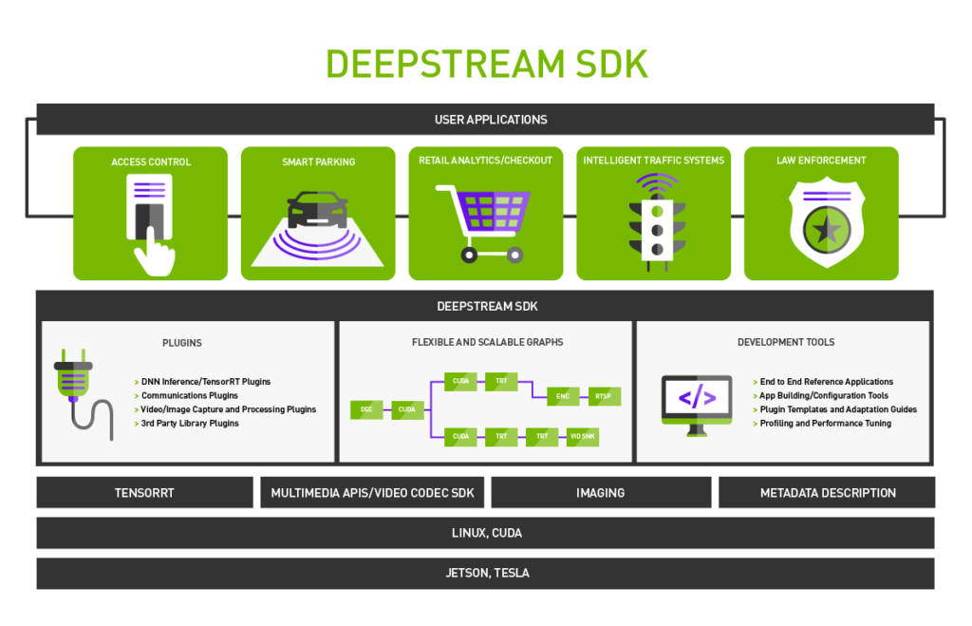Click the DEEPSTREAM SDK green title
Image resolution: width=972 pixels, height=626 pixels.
click(x=486, y=65)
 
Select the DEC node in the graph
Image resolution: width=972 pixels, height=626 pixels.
click(x=366, y=409)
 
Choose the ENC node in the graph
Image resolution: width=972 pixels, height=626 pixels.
click(x=562, y=395)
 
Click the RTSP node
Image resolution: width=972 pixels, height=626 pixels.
click(x=604, y=395)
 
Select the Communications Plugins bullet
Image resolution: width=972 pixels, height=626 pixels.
click(x=190, y=395)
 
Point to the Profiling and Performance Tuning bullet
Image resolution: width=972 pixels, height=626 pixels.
click(x=825, y=424)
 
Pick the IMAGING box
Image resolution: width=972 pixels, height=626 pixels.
click(x=600, y=493)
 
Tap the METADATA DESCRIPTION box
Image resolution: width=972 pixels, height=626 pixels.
click(x=828, y=493)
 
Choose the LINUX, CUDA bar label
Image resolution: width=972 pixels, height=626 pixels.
click(x=486, y=533)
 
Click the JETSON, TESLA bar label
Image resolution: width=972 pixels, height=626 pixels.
click(x=487, y=573)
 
